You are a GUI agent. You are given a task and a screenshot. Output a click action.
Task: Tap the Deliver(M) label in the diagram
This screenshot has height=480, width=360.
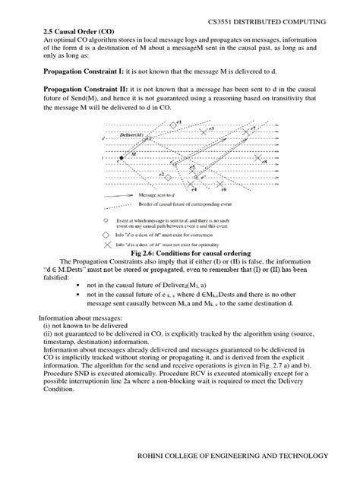[134, 134]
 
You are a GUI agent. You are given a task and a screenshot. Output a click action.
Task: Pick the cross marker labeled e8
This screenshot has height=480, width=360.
[258, 158]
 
